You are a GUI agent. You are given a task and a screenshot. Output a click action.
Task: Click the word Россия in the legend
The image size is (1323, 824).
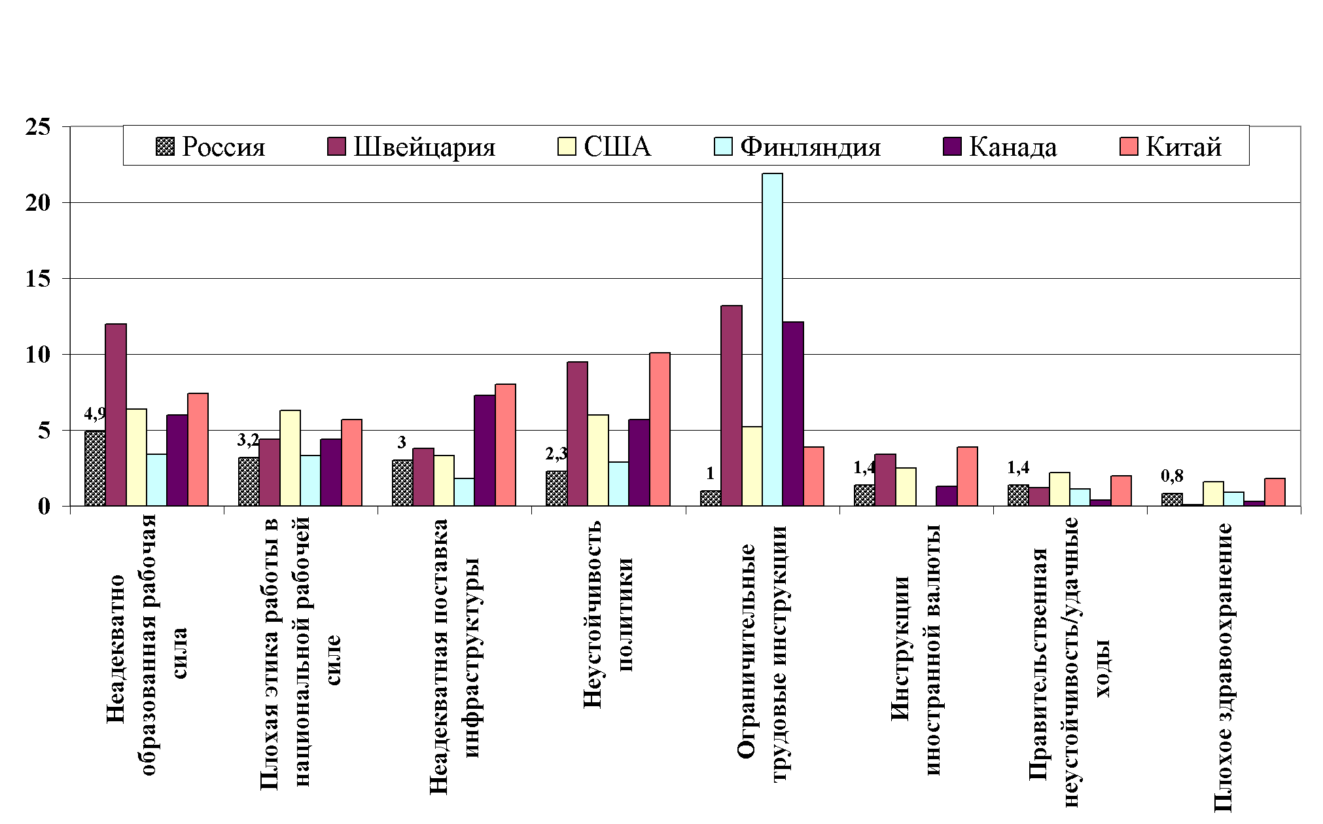(223, 147)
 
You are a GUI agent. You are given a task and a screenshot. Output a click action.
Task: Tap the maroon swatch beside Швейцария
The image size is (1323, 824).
(336, 146)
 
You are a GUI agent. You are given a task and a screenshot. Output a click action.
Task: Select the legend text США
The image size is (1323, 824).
(617, 147)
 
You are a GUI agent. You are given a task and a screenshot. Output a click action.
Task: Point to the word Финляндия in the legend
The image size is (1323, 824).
(810, 147)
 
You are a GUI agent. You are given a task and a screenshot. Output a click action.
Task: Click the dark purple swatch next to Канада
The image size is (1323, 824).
(952, 146)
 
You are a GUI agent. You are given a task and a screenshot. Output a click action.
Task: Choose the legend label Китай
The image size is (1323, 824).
(1184, 147)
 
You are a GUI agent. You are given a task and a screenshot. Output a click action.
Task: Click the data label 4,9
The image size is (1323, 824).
(95, 414)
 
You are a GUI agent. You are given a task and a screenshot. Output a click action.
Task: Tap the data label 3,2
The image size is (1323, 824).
(248, 439)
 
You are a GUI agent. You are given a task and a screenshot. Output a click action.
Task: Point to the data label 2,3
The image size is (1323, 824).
(556, 454)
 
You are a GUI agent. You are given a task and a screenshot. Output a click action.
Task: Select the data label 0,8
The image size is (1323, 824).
(1171, 476)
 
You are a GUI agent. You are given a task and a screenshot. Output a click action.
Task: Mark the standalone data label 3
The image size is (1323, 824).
(402, 442)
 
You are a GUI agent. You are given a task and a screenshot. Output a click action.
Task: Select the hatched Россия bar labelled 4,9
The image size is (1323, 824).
(95, 468)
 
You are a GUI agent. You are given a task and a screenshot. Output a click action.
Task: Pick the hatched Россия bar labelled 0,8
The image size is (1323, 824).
(1171, 499)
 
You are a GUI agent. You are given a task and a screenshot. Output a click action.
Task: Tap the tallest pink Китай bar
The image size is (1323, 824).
(660, 429)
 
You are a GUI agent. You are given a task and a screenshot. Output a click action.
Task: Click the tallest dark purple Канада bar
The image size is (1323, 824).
(793, 413)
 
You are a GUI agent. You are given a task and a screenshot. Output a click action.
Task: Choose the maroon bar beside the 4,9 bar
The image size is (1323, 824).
(116, 414)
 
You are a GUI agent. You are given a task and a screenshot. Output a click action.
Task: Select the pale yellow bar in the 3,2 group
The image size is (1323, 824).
(290, 457)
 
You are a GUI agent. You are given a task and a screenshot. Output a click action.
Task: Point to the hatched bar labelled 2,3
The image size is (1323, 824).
(556, 488)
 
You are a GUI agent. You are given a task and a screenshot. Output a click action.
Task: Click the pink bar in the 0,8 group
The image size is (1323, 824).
(1275, 492)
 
